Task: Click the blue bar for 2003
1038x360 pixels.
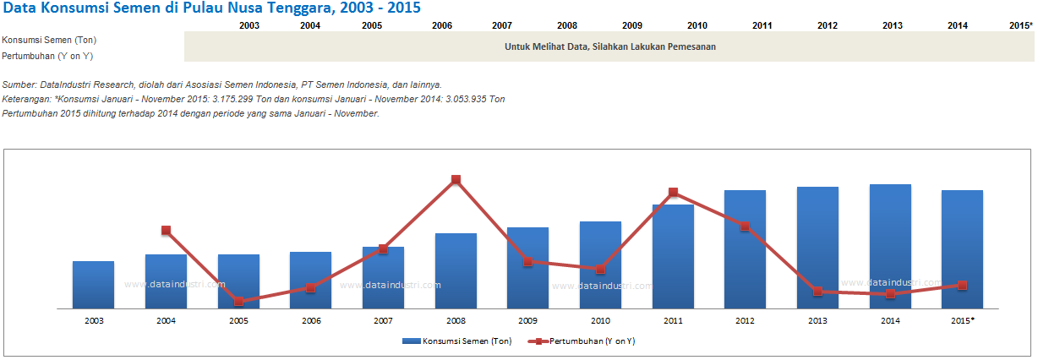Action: pos(93,285)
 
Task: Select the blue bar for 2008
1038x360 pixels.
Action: pos(456,270)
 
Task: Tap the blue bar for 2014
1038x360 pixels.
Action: pos(890,246)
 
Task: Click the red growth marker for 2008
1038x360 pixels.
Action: pos(456,179)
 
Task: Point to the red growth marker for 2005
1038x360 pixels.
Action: pos(239,301)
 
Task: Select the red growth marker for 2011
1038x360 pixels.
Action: pos(673,193)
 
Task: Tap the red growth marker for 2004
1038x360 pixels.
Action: pos(167,230)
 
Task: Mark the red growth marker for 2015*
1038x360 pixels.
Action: pos(962,285)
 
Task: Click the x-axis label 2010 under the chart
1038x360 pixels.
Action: pos(600,321)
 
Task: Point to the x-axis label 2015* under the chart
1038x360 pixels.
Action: pos(963,321)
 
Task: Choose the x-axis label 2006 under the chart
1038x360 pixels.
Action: pos(311,321)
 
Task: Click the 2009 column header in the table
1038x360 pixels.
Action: pos(631,25)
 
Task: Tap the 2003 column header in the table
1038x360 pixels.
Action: pos(249,25)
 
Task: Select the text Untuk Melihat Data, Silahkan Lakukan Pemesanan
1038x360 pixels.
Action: pos(609,47)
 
